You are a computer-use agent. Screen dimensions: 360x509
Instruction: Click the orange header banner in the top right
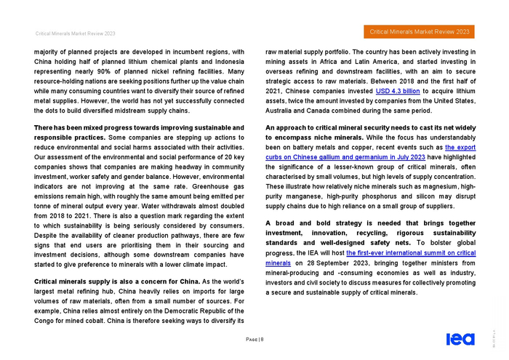420,32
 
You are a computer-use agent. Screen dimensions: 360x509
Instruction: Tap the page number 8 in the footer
262,339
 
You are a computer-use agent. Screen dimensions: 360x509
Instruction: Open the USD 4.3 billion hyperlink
398,91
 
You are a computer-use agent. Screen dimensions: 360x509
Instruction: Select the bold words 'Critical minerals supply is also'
90,281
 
